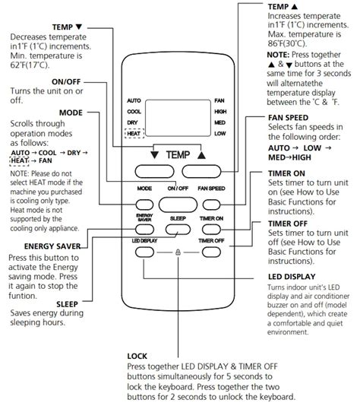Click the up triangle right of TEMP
point(201,154)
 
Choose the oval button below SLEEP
point(176,228)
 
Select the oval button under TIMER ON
point(213,228)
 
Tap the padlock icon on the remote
point(178,250)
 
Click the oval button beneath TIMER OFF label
point(213,251)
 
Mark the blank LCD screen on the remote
point(177,116)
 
